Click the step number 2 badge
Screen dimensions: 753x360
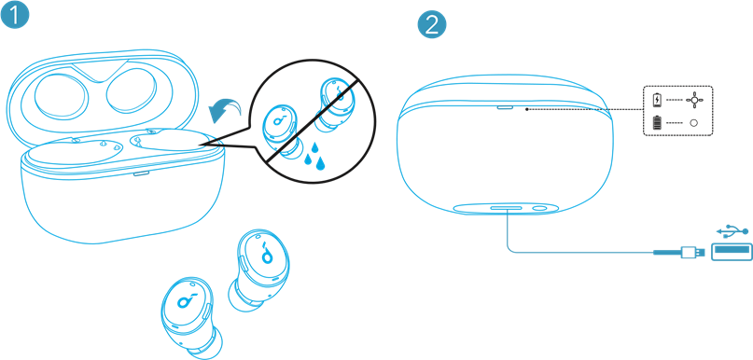432,24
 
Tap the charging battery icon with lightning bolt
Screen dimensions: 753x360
657,100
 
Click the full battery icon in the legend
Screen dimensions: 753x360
657,123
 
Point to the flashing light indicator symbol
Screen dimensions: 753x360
693,100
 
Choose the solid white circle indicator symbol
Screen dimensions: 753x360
693,123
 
